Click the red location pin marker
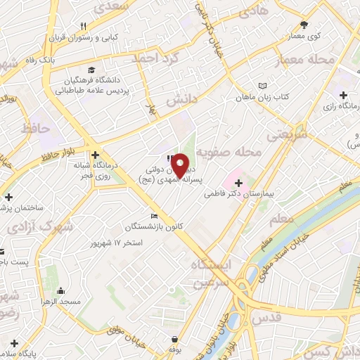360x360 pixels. point(180,166)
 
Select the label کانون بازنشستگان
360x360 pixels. point(130,226)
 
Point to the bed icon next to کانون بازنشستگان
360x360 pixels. point(154,216)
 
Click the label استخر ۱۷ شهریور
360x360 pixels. point(117,243)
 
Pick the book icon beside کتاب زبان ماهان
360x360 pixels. point(262,85)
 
